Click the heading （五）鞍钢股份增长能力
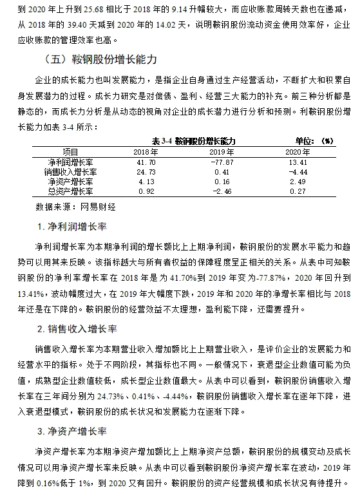click(103, 60)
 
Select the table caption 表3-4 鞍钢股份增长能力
click(193, 140)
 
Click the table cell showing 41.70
click(146, 160)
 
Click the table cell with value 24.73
click(146, 171)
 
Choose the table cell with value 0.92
click(146, 191)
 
